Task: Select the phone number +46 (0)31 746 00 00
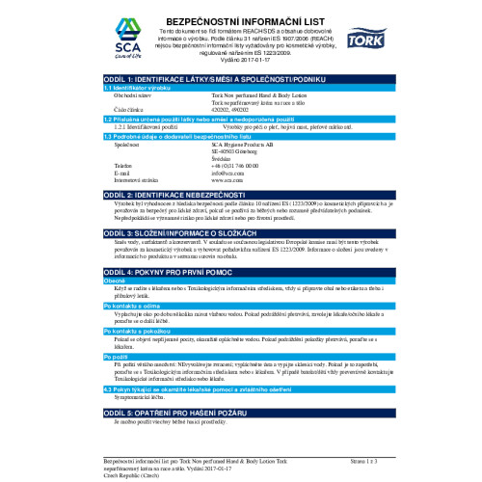(235, 167)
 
